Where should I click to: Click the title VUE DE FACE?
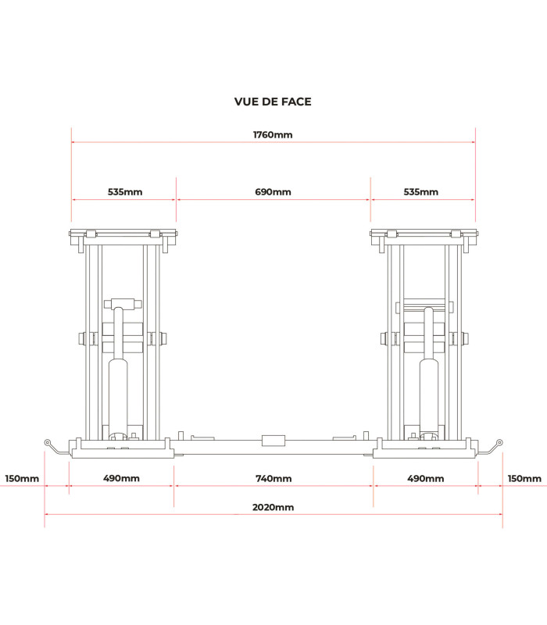pos(273,102)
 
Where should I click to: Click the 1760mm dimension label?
pos(273,134)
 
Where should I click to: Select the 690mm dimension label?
pos(273,191)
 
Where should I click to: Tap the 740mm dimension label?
pos(273,478)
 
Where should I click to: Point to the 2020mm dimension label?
pos(273,507)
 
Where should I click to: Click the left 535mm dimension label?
pos(125,191)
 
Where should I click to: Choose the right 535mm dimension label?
pos(420,191)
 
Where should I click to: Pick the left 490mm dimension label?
pos(121,478)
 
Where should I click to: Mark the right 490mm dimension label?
pos(425,478)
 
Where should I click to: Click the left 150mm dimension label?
pos(22,478)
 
